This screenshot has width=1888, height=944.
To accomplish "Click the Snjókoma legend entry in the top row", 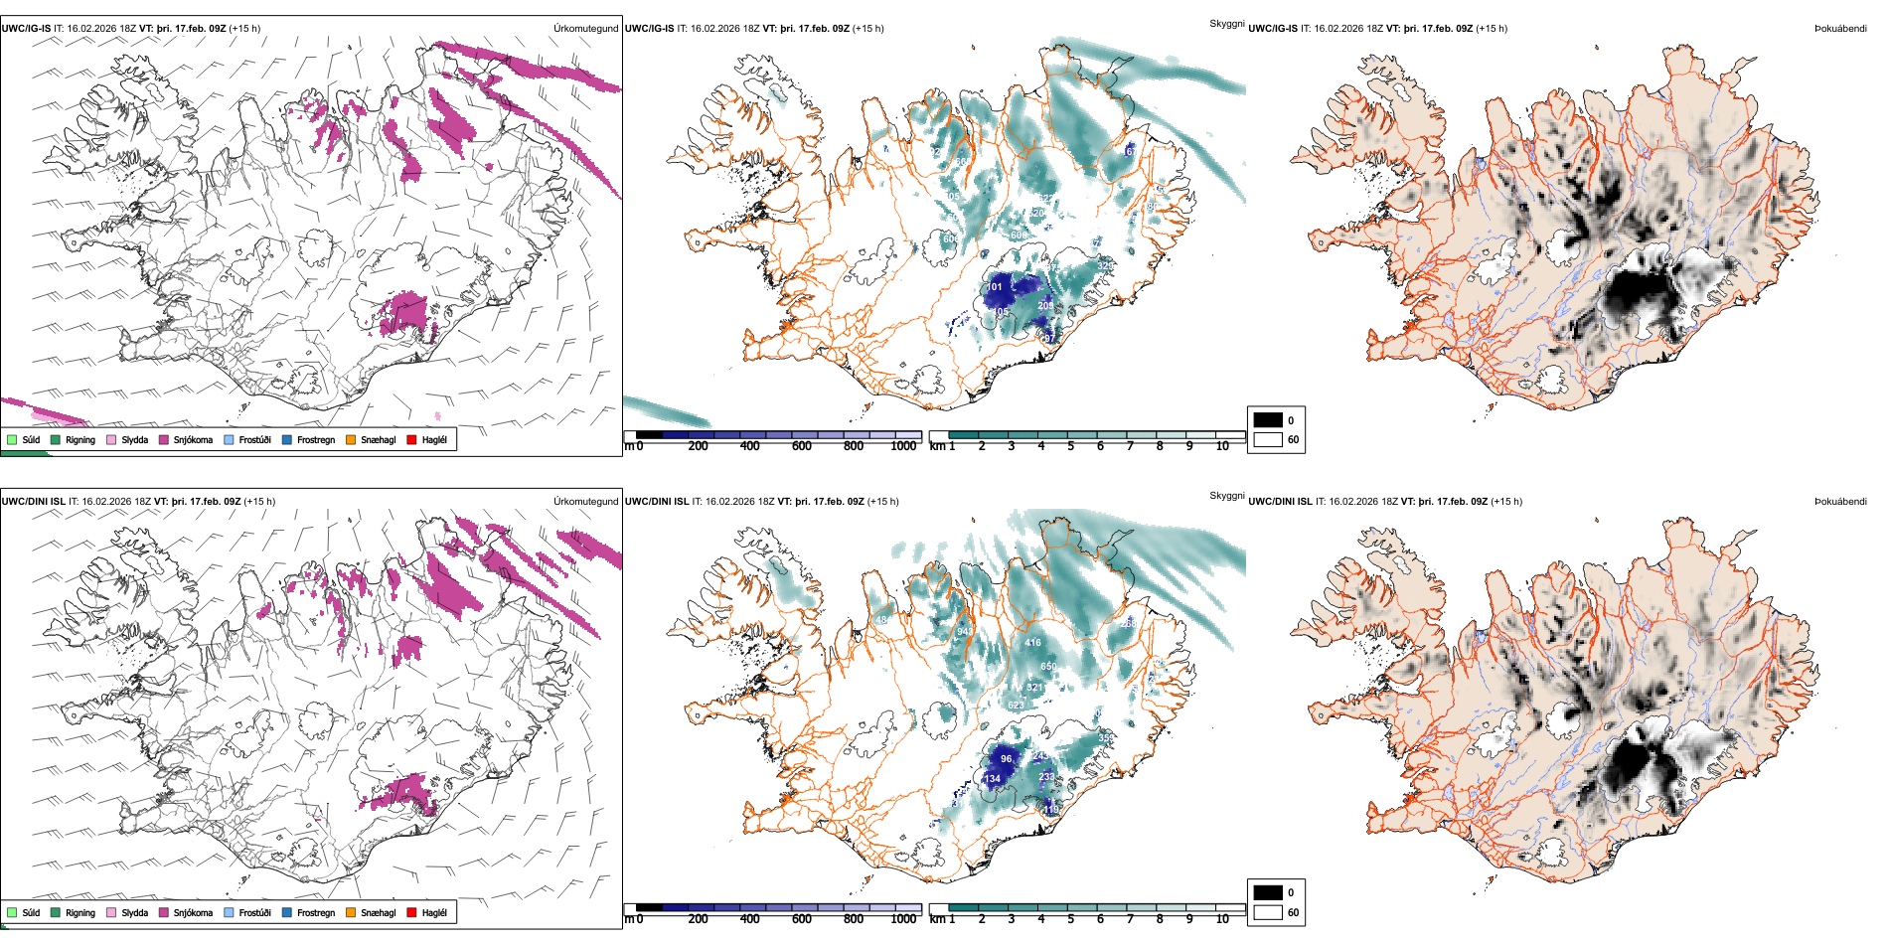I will (193, 440).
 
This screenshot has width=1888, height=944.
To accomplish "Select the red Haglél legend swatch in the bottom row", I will (412, 912).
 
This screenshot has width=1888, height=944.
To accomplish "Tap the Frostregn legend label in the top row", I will (315, 440).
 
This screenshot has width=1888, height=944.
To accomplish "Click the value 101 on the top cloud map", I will (995, 287).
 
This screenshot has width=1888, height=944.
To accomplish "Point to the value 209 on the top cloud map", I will (1045, 306).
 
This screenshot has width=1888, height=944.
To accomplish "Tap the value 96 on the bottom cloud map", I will (1007, 759).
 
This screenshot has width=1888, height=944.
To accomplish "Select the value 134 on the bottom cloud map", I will (992, 779).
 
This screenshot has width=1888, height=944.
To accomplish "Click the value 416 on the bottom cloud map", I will (1033, 643).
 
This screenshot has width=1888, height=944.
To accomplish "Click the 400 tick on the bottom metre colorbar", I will (750, 919).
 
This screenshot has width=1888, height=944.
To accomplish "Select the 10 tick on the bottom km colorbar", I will (1222, 919).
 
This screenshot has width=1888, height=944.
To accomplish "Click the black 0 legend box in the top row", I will (1268, 420).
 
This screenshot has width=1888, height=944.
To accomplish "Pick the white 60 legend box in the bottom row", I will (1268, 912).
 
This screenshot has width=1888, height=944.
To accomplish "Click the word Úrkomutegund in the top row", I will (585, 29).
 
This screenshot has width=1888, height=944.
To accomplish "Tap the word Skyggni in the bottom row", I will (1226, 496).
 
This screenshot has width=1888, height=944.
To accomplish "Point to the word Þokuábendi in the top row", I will (1840, 29).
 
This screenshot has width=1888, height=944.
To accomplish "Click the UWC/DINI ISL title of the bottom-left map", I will (33, 502).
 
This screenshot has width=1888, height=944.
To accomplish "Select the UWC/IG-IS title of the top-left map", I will (26, 29).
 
